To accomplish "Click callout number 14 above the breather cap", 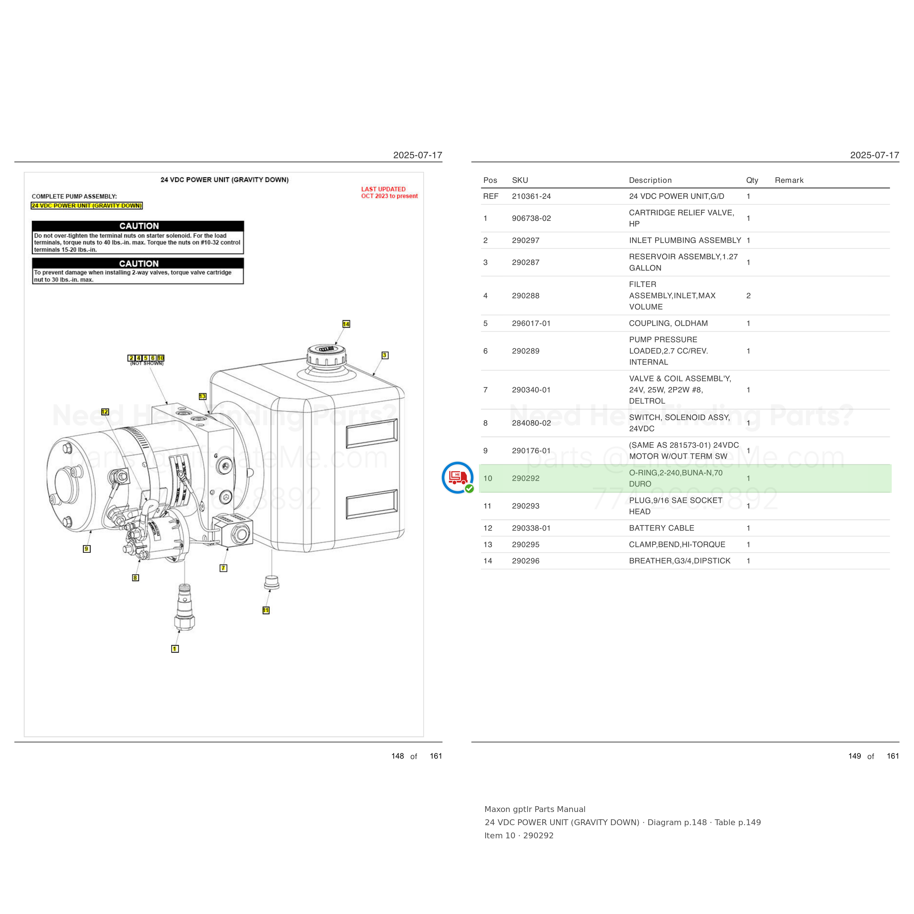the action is click(346, 324).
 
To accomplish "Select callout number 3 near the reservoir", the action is click(385, 355).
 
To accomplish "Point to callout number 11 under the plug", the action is click(266, 610).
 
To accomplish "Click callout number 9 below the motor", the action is click(87, 549).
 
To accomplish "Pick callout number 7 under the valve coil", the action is click(223, 568).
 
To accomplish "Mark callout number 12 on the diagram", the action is click(105, 412).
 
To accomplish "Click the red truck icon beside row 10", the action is click(457, 477).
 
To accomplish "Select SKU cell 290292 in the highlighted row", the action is click(526, 478).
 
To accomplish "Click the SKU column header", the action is click(520, 180).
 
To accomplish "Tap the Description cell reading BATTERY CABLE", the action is click(661, 528).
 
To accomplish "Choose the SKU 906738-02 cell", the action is click(531, 218).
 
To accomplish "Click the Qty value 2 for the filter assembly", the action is click(748, 296).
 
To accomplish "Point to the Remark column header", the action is click(789, 180).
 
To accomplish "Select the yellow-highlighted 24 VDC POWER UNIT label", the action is click(87, 206).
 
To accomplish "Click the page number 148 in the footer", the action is click(397, 756).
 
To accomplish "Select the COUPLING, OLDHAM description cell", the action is click(668, 323).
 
